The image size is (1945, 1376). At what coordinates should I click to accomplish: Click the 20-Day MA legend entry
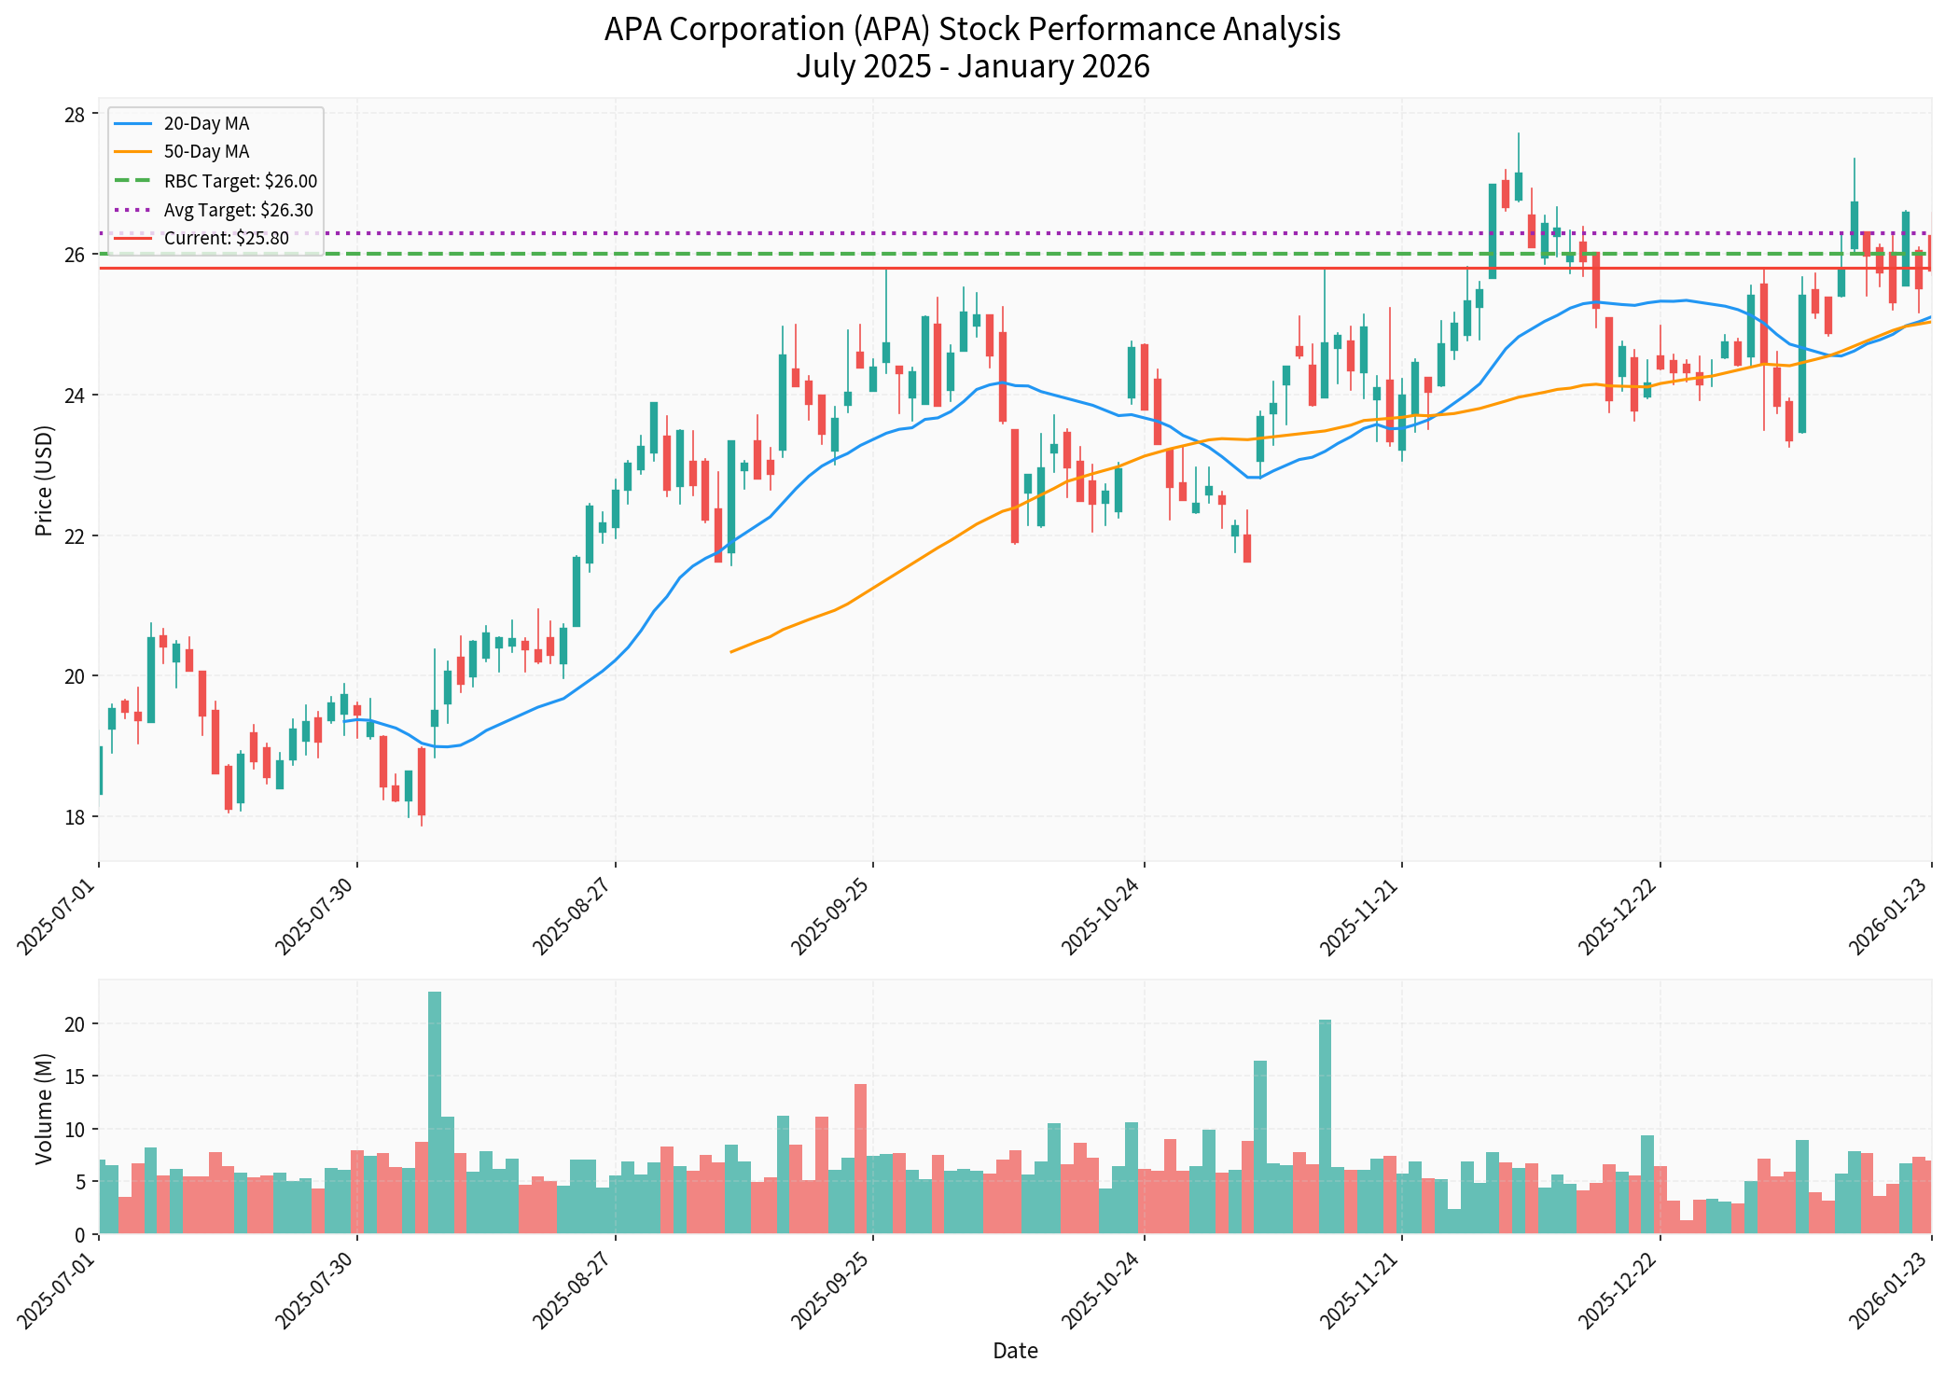pos(205,124)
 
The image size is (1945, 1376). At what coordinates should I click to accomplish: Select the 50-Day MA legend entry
pos(205,152)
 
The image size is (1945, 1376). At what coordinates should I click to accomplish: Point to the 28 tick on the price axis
pos(74,115)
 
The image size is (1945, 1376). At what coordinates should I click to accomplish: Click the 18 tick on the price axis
pos(74,817)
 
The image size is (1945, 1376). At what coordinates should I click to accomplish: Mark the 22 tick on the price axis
pos(74,536)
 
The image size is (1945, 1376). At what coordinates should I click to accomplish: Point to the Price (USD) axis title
pos(44,480)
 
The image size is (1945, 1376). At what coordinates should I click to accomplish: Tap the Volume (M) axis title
pos(44,1109)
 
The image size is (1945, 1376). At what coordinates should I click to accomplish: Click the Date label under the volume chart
pos(1015,1351)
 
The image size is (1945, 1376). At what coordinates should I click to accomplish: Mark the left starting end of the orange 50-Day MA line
pos(731,651)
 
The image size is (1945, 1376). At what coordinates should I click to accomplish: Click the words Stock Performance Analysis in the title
pos(1139,30)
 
